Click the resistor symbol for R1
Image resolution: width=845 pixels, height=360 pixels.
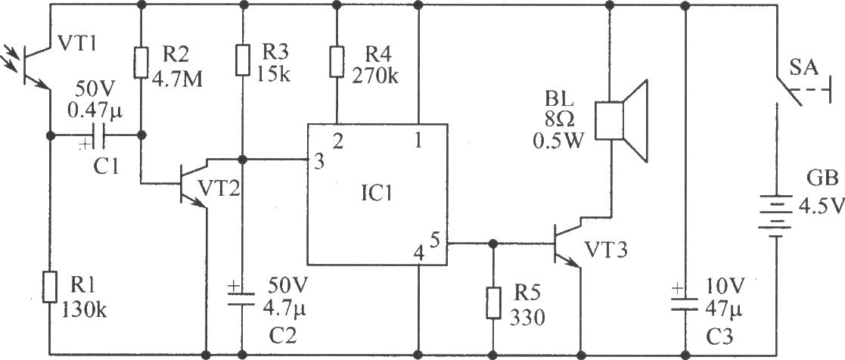[x=50, y=287]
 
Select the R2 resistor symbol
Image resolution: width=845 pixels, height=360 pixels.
[x=141, y=63]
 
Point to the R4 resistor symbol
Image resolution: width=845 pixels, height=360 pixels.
[x=337, y=63]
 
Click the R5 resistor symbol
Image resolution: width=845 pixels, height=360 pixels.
[x=492, y=303]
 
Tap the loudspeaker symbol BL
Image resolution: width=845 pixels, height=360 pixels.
[x=620, y=121]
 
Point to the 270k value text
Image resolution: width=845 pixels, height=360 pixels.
[x=376, y=77]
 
